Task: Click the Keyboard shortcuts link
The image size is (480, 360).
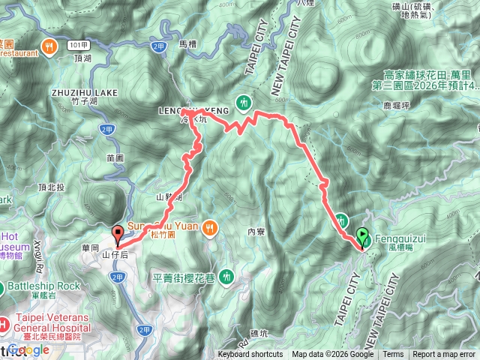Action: point(250,355)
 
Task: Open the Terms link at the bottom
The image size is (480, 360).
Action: point(393,355)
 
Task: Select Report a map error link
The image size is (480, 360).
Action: point(444,355)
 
